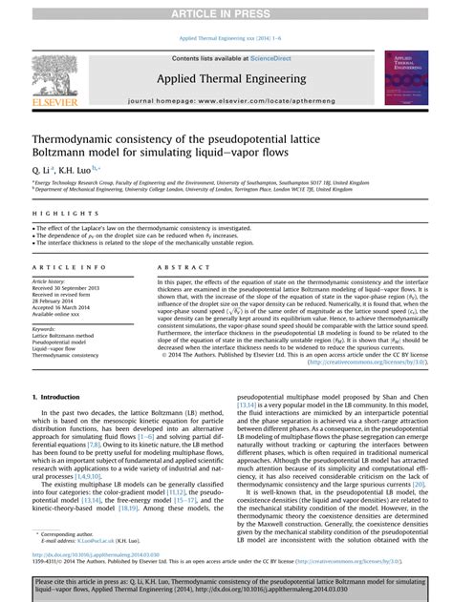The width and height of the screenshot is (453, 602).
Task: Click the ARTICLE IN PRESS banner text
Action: [226, 10]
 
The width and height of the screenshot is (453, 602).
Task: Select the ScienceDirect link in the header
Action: [284, 59]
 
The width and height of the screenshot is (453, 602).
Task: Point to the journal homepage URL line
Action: [230, 99]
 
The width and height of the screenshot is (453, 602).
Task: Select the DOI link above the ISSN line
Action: [92, 552]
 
